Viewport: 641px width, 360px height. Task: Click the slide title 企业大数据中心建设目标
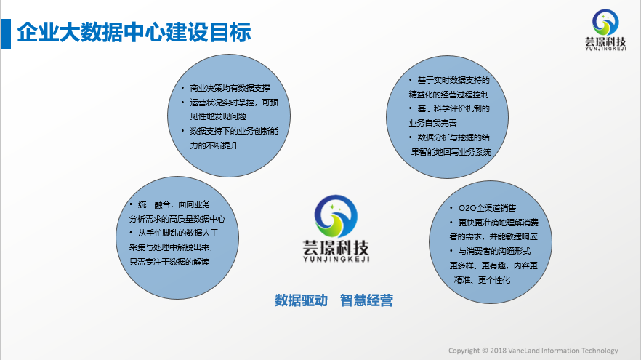tap(134, 32)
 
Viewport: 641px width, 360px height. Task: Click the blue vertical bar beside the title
tap(6, 33)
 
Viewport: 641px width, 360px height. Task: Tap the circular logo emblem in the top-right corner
tap(605, 22)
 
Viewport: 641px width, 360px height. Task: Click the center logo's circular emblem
tap(336, 216)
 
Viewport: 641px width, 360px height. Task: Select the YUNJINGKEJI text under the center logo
tap(336, 259)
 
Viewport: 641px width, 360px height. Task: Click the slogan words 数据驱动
tap(301, 300)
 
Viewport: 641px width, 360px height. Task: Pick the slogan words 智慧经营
tap(366, 300)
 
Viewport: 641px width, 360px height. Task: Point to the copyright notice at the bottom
tap(533, 351)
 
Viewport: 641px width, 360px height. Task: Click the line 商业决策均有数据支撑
tap(230, 88)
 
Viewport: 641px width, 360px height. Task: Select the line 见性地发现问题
tap(218, 116)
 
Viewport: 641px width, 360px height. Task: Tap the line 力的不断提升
tap(214, 145)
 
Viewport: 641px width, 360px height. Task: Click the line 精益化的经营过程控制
tap(448, 95)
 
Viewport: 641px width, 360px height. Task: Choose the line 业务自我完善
tap(432, 123)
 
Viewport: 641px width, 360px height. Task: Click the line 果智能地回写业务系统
tap(451, 152)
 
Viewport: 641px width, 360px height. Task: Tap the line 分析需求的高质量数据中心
tap(177, 219)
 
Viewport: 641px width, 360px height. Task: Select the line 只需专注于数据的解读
tap(169, 262)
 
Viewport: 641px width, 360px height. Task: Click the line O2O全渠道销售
tap(487, 208)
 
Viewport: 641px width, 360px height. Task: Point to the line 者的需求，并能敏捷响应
tap(493, 236)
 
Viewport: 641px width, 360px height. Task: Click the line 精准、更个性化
tap(482, 280)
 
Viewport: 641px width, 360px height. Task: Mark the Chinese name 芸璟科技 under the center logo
tap(336, 247)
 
